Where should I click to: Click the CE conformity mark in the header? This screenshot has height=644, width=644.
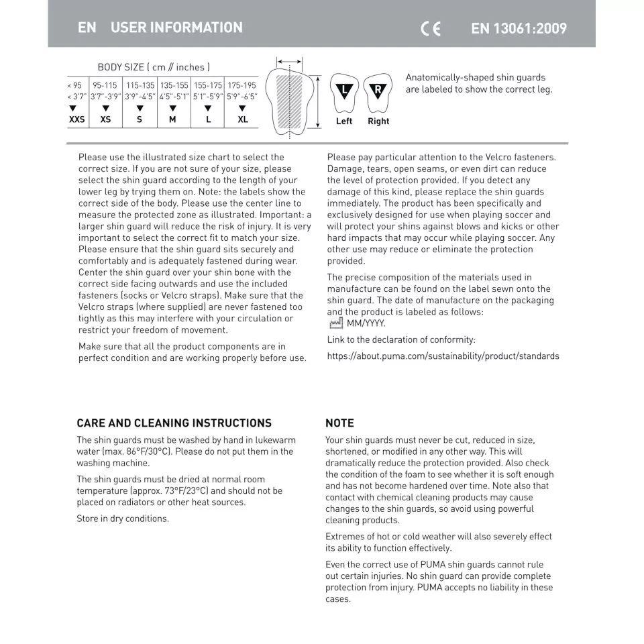click(431, 28)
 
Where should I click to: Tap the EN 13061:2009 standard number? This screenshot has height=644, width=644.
click(519, 28)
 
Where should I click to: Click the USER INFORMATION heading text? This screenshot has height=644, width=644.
click(176, 28)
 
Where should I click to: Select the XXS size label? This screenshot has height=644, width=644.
click(76, 119)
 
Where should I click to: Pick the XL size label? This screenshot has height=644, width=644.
click(242, 119)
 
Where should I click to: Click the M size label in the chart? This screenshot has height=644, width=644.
click(172, 119)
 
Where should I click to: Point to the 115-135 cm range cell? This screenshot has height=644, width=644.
click(140, 86)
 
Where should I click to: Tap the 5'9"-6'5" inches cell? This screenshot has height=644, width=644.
click(242, 97)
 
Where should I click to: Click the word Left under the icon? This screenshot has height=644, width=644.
click(344, 121)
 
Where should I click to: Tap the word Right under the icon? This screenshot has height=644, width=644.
click(378, 121)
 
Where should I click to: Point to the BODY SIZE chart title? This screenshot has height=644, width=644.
click(154, 67)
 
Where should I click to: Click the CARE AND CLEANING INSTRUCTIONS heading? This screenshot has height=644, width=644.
click(174, 423)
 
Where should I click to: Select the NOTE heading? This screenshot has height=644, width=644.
click(339, 423)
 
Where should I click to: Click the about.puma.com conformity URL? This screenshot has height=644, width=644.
click(443, 356)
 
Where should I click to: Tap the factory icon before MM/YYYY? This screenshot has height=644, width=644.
click(336, 323)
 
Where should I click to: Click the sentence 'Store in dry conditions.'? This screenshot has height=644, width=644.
click(123, 519)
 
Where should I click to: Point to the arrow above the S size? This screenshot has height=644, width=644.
click(140, 108)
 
